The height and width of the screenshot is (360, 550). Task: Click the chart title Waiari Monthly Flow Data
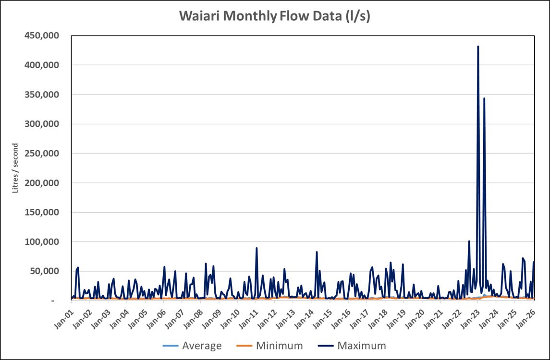[x=275, y=16]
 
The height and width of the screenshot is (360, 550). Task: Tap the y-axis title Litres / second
[x=15, y=168]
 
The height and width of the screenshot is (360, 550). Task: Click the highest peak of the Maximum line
[x=478, y=47]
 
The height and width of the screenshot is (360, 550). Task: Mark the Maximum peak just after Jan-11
[x=257, y=248]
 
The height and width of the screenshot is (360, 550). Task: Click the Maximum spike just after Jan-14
[x=317, y=252]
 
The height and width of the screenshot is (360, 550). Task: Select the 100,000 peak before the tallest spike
[x=469, y=241]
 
